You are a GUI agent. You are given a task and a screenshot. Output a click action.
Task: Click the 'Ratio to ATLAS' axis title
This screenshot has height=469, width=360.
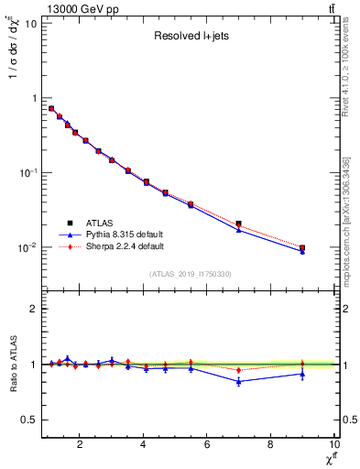coord(13,365)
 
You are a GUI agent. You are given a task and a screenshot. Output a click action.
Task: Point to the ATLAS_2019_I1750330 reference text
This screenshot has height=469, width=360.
coord(191,274)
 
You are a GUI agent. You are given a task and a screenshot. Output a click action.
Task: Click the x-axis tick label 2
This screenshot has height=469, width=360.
coord(80,445)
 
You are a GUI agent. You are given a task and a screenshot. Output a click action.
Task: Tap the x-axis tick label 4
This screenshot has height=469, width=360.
coord(143,445)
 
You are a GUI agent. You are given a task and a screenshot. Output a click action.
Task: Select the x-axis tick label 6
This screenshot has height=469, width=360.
coord(206,445)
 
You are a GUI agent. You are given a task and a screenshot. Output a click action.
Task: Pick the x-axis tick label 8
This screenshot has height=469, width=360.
coord(270,445)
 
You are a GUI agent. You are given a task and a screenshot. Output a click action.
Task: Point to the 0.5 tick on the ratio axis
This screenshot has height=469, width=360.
coord(29,420)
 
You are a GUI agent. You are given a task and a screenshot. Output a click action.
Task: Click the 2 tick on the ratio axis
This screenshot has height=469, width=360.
coord(34,309)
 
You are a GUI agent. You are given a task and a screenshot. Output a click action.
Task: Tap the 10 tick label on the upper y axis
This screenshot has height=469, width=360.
coord(31,23)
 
